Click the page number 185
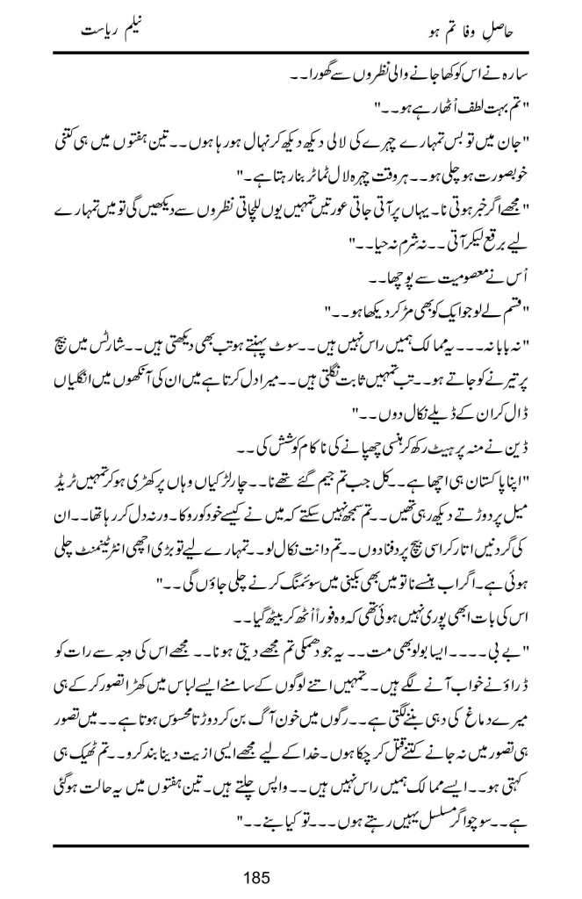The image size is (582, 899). click(x=291, y=877)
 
